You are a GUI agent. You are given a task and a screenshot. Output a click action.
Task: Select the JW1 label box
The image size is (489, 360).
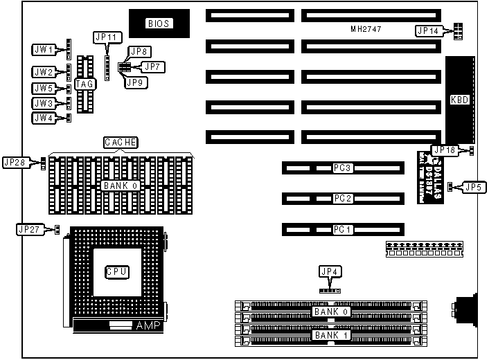44,49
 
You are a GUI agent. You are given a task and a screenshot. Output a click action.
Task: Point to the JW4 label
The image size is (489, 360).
44,118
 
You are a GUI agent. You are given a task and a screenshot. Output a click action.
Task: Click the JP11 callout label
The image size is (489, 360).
107,37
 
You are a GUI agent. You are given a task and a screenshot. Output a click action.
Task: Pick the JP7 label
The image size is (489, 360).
151,66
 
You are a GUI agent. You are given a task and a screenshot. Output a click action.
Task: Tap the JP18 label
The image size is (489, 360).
443,150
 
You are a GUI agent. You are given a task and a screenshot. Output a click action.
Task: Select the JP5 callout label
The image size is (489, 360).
472,186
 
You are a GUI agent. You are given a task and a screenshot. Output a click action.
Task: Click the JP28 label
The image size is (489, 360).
15,162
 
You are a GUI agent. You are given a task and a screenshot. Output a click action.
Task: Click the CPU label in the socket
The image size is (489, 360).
116,271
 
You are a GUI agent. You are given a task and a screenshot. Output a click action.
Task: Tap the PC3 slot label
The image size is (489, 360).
343,168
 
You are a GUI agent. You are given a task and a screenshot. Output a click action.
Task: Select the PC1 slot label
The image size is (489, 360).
343,229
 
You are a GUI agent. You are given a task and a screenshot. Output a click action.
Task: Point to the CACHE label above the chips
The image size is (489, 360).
121,142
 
